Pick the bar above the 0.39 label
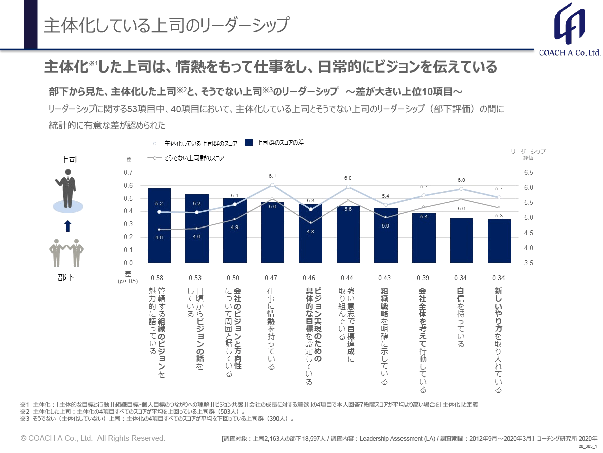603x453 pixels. (424, 238)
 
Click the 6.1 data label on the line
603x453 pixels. (272, 176)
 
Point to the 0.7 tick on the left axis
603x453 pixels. (128, 173)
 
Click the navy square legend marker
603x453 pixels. (248, 143)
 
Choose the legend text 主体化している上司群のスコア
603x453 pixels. (200, 143)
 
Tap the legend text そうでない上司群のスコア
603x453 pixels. (193, 158)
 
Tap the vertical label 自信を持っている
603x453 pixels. (460, 317)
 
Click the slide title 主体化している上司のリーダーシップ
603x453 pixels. (166, 26)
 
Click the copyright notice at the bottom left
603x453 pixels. (92, 438)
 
